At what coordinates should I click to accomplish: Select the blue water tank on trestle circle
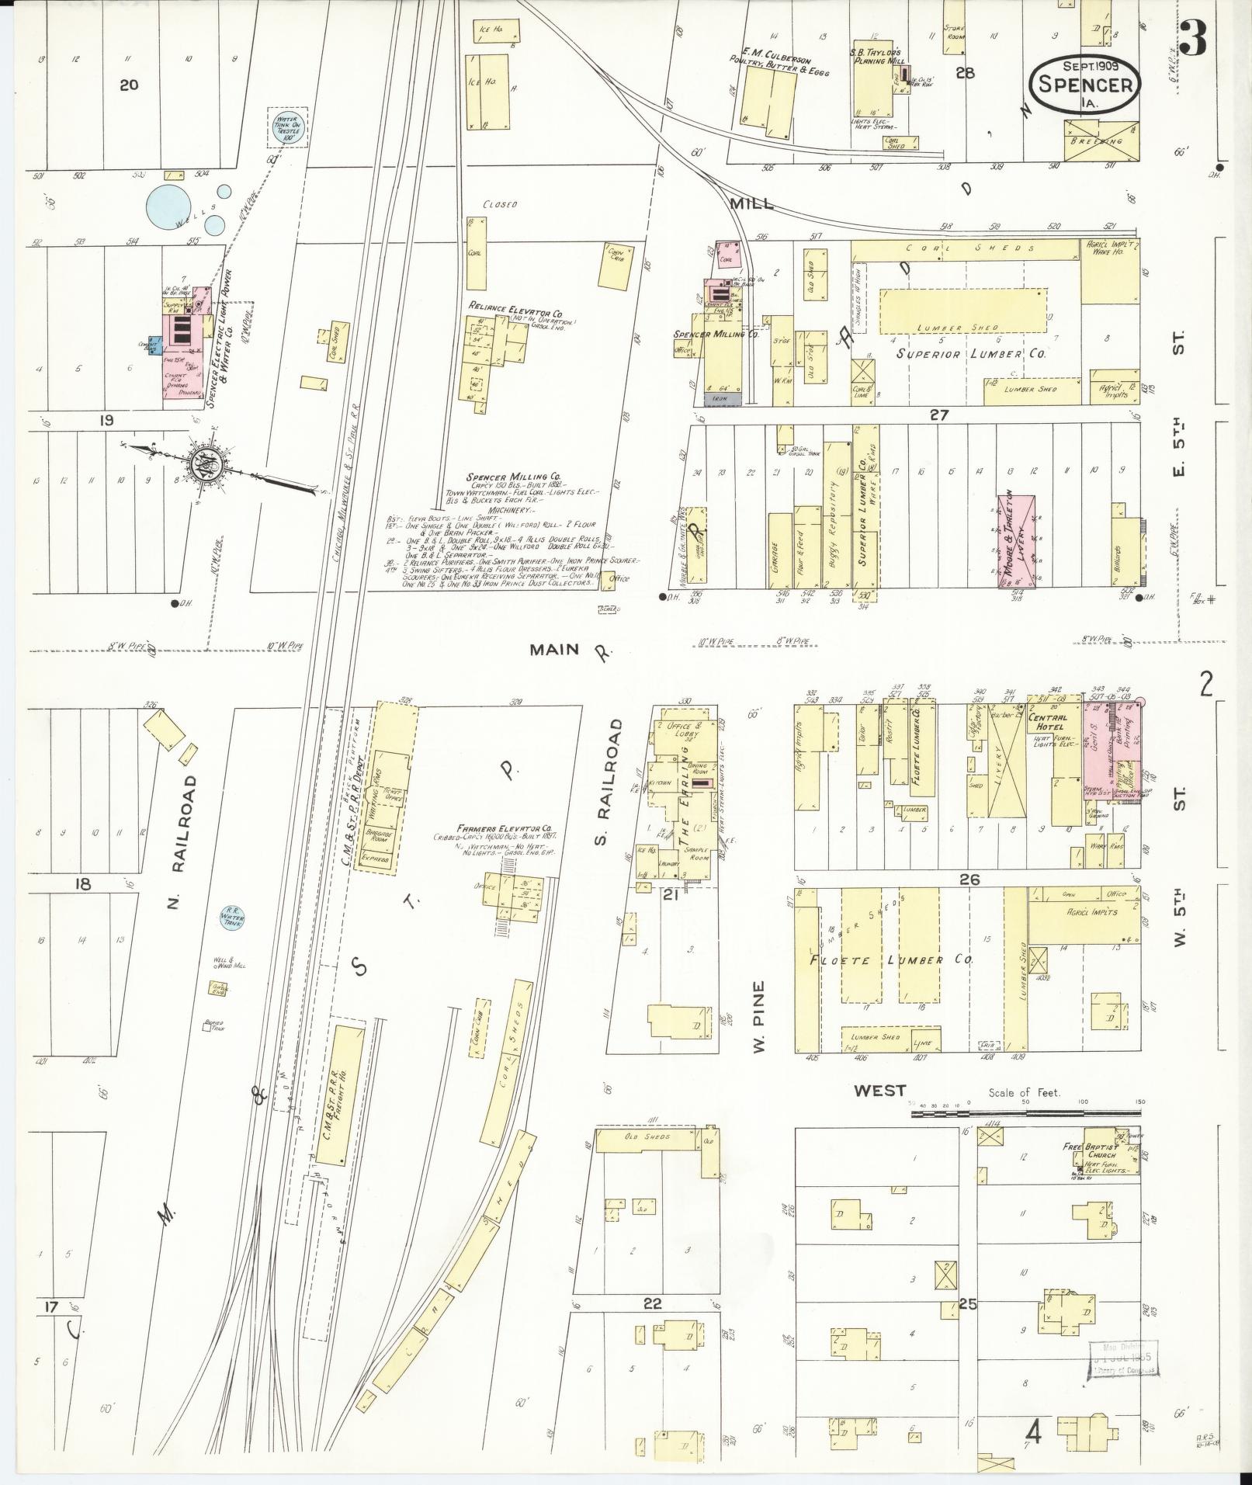tap(287, 127)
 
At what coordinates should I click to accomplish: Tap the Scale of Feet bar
tap(1025, 1113)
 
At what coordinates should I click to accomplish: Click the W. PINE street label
tap(759, 1016)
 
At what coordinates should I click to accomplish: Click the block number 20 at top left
tap(129, 84)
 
